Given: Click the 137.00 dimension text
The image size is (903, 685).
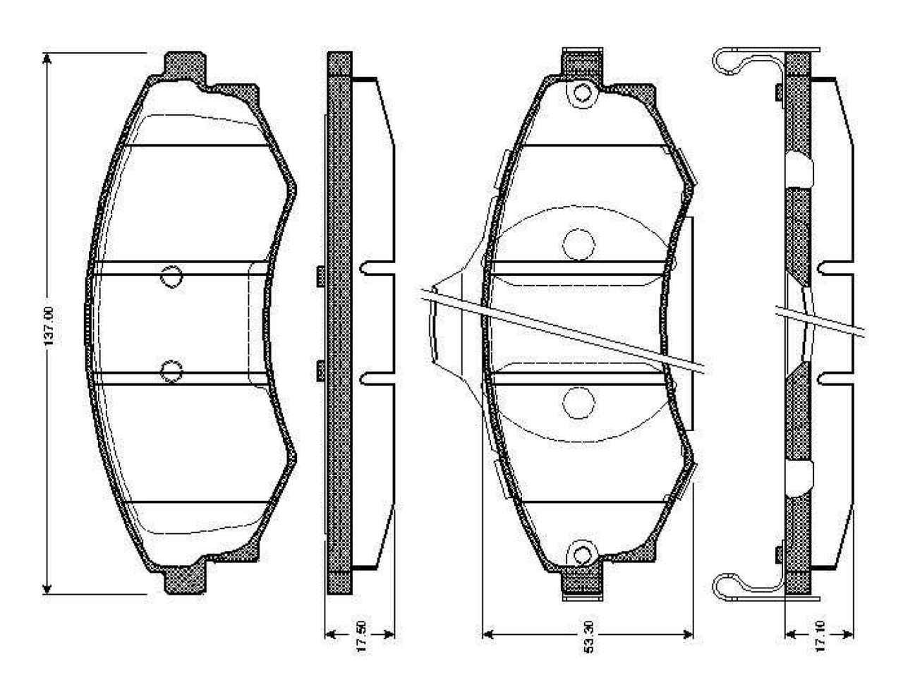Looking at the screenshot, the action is coord(49,326).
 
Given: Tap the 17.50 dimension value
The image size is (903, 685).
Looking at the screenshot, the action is coord(360,636).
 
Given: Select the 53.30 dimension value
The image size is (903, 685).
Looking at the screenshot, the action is coord(588,637).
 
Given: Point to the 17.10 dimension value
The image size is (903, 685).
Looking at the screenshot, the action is coord(820,636).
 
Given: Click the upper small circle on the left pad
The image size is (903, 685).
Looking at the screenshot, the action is coord(171,277).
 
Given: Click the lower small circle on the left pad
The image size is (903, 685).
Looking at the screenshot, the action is coord(171,371).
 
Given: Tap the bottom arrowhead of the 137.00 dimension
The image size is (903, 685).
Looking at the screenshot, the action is coord(47,588).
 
